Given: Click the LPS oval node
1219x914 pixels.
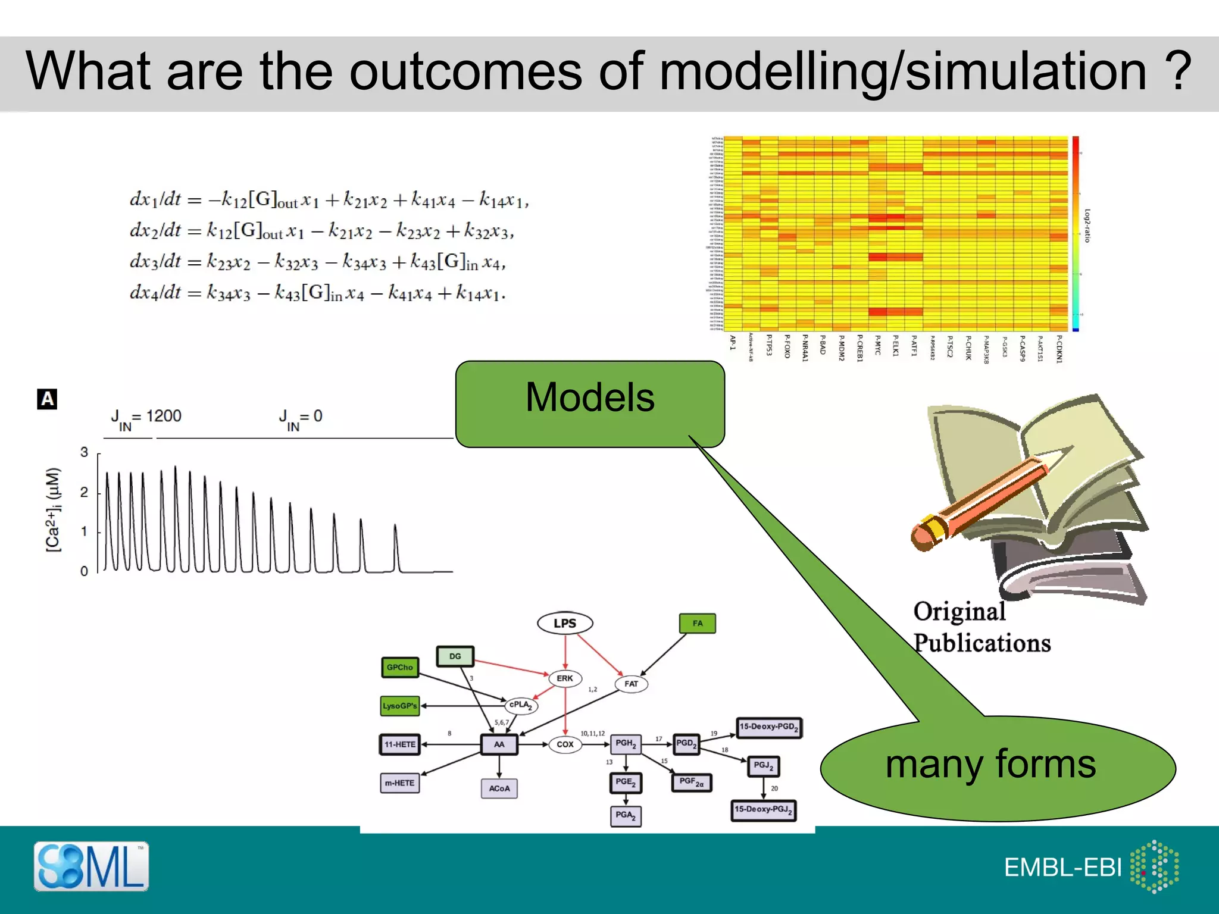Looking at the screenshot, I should [x=564, y=623].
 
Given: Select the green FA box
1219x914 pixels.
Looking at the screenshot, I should [x=697, y=623].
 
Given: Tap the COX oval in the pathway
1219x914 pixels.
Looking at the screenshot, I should [x=564, y=744].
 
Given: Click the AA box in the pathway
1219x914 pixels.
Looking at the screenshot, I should [x=499, y=744].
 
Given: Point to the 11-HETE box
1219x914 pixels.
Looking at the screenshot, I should [x=399, y=744].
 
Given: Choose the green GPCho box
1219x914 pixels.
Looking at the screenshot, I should [x=399, y=667].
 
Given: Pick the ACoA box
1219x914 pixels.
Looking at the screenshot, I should [x=499, y=788].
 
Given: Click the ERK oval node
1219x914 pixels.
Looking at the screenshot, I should [x=564, y=678].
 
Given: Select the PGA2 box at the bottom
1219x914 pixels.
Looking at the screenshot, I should [x=625, y=815].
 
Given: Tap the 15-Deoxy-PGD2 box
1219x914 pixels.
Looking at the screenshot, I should [x=769, y=727].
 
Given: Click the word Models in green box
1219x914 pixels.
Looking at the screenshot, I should [x=589, y=397].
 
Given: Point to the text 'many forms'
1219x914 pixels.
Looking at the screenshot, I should [x=990, y=764].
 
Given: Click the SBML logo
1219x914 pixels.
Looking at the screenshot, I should [x=91, y=866].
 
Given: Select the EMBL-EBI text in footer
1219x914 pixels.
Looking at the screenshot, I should [x=1062, y=868].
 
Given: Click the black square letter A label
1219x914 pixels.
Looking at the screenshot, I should [x=47, y=399].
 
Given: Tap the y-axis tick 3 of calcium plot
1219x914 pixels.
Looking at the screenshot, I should [x=84, y=452].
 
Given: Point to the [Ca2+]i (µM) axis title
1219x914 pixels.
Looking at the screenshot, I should [x=54, y=509].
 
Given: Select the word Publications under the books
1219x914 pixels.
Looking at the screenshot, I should [x=982, y=643].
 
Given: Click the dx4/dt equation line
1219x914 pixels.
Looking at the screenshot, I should [x=317, y=293].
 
